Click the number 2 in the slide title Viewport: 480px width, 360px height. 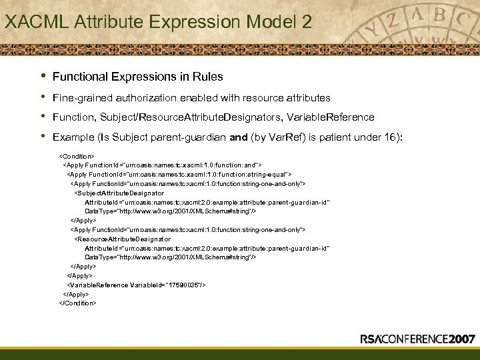pos(305,21)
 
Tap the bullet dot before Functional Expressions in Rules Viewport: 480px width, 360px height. pos(43,75)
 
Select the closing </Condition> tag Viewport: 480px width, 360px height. pos(79,303)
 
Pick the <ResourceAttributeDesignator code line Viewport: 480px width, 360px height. pos(123,238)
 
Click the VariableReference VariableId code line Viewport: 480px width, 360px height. pos(137,285)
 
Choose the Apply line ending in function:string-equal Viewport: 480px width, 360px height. pos(179,173)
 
